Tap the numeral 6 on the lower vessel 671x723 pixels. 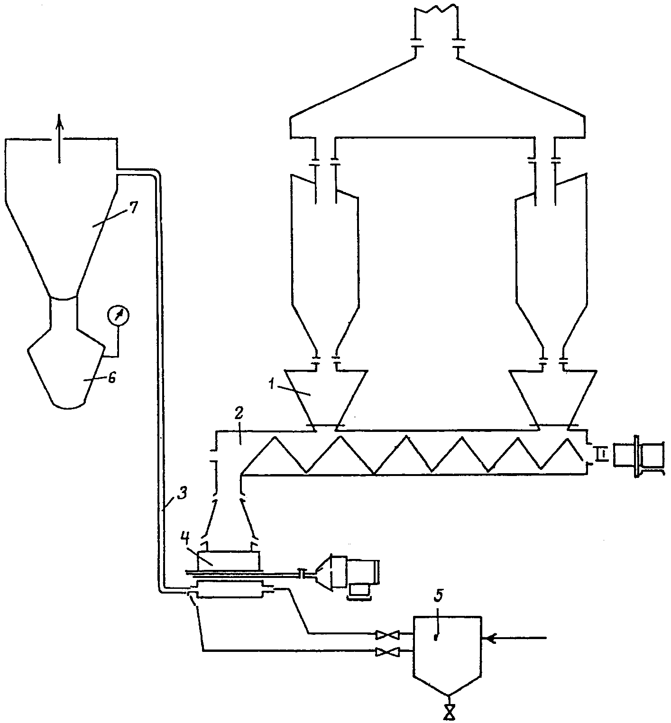click(111, 378)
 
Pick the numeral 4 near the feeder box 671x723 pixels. click(186, 538)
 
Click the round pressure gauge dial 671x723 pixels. click(119, 315)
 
